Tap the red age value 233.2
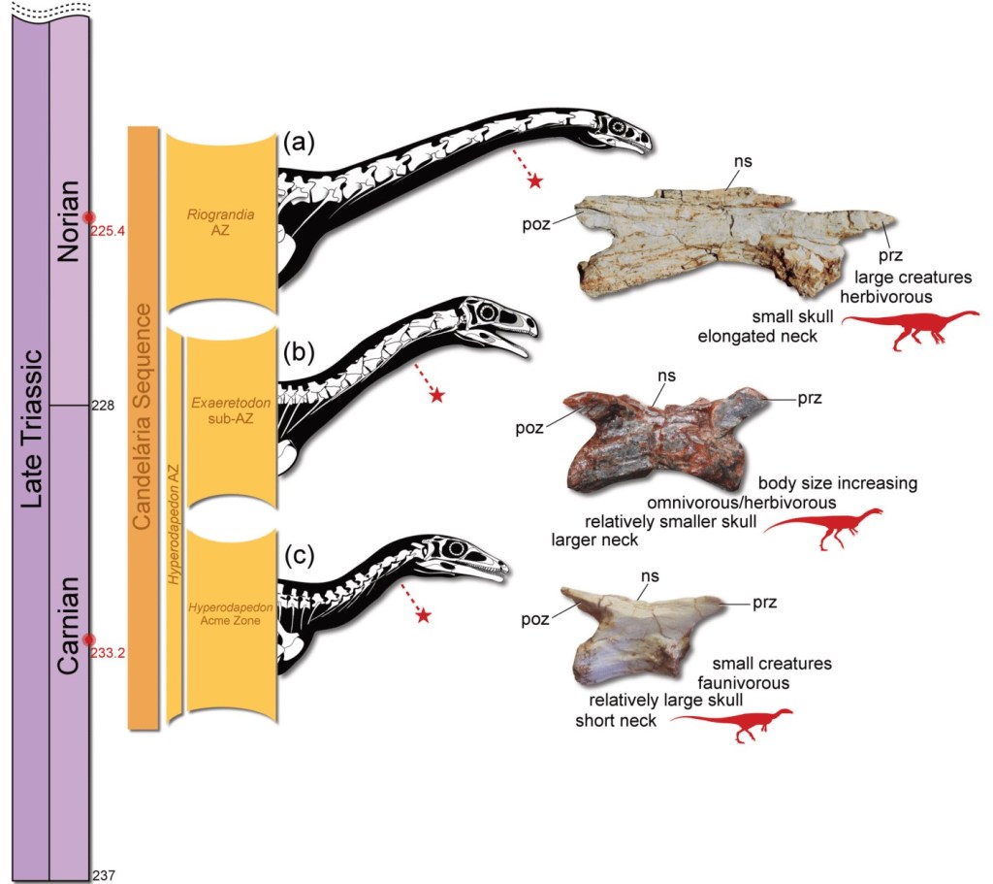109,653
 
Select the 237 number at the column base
103,875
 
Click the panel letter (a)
299,143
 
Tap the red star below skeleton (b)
437,395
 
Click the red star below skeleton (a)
533,180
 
